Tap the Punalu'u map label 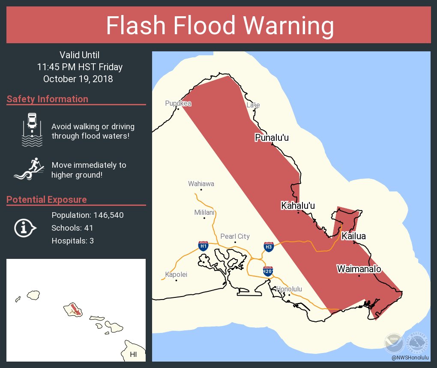[272, 138]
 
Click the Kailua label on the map [353, 236]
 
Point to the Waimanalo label [359, 269]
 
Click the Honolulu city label [289, 289]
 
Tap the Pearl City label [235, 237]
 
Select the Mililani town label [204, 212]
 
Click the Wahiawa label [201, 184]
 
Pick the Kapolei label [176, 275]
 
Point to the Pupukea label [178, 104]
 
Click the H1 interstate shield [204, 246]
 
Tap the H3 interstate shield [269, 246]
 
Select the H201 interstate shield [268, 271]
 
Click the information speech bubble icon [25, 228]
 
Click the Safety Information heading [48, 99]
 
